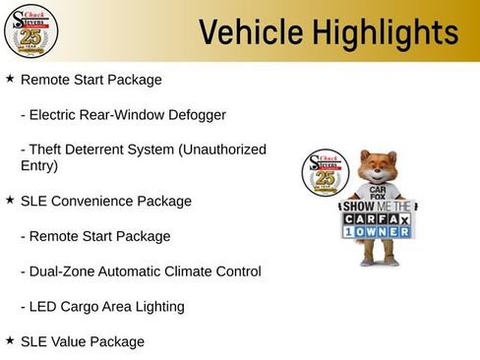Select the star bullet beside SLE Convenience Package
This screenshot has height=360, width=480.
point(10,200)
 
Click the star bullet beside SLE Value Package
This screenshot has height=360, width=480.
point(10,340)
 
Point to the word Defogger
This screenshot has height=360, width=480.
point(195,115)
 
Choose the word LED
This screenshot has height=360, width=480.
point(44,307)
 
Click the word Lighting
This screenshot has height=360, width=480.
point(159,307)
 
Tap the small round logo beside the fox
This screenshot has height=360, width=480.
point(321,174)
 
